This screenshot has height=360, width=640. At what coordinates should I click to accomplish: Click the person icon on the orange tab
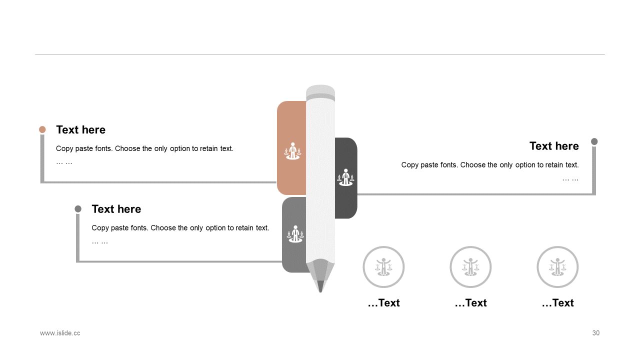292,151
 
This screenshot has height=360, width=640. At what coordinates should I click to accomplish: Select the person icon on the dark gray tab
345,177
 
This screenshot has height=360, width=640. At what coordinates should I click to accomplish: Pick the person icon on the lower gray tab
295,234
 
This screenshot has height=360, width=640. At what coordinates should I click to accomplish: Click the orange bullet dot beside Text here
42,129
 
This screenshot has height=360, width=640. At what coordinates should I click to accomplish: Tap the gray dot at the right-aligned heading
594,141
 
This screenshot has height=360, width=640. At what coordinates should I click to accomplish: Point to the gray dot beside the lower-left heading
78,209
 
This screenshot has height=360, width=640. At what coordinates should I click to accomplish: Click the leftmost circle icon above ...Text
383,267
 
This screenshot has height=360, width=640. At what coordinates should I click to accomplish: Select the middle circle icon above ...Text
470,267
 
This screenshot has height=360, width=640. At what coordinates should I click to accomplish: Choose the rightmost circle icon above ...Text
557,267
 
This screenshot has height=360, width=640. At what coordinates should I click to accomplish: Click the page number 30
595,333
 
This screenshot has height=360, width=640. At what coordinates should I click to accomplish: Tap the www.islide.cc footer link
60,333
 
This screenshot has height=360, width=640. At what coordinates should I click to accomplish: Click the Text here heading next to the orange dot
81,129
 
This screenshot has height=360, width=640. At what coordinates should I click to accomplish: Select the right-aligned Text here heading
554,146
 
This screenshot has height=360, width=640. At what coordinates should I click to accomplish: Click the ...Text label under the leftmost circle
383,303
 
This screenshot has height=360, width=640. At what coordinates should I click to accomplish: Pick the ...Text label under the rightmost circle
557,303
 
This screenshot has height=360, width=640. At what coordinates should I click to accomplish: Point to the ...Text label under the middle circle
471,303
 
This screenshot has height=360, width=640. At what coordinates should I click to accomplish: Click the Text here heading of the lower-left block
116,209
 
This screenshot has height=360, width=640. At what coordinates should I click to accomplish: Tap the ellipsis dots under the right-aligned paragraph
570,180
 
